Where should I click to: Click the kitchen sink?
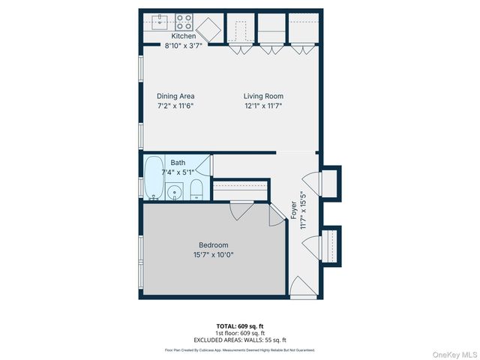(x=159, y=22)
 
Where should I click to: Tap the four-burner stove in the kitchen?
(x=184, y=22)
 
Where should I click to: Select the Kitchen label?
(x=184, y=36)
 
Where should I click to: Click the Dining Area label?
(x=175, y=96)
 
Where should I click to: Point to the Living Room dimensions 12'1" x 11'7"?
(x=262, y=107)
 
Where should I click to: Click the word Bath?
(x=178, y=163)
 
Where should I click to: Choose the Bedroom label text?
(x=213, y=245)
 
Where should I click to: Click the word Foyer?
(x=294, y=210)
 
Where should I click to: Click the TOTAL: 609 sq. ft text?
(x=240, y=326)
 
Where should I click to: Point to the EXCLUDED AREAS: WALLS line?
(x=240, y=340)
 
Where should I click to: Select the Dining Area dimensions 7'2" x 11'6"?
(x=175, y=107)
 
